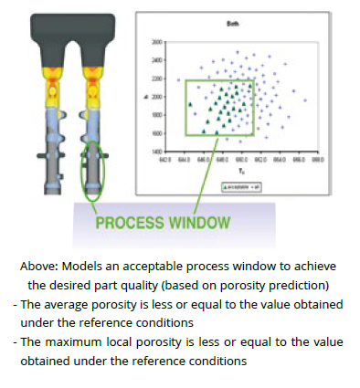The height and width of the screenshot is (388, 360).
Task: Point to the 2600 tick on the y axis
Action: coord(157,43)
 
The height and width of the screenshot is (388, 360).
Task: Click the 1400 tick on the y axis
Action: coord(157,151)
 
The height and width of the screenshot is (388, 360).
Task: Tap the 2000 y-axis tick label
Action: coord(157,97)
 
